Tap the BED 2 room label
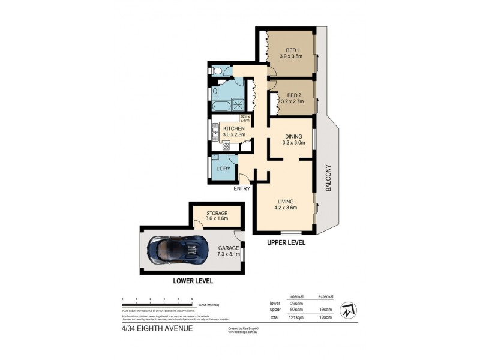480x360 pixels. click(x=295, y=95)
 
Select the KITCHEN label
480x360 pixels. click(x=233, y=128)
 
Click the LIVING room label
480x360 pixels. click(x=287, y=202)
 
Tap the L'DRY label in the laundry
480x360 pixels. click(x=223, y=169)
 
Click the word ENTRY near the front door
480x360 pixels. click(x=242, y=188)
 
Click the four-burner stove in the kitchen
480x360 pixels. click(x=226, y=144)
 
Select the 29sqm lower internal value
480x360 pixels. click(x=296, y=303)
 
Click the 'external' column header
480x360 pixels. click(x=325, y=296)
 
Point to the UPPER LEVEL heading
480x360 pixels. click(x=286, y=243)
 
